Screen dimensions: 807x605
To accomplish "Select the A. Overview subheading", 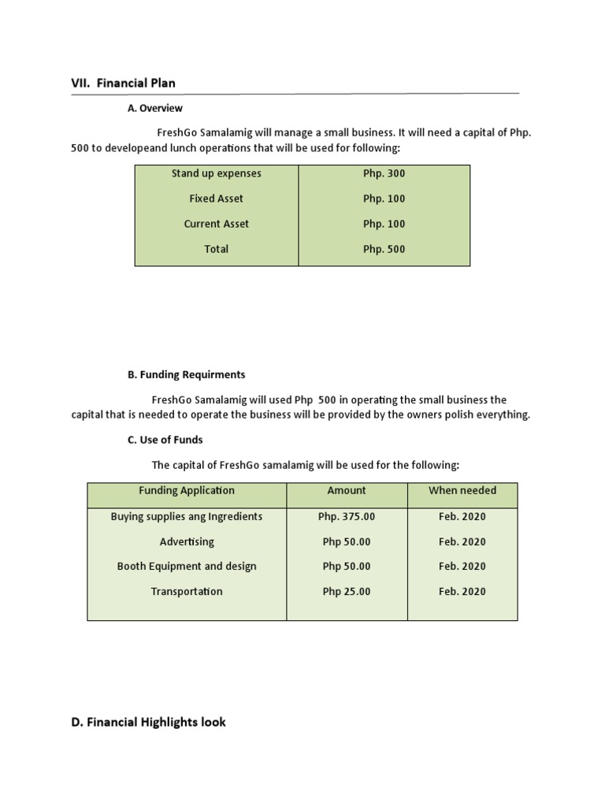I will pos(155,108).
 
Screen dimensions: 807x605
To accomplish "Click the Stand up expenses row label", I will pos(216,173).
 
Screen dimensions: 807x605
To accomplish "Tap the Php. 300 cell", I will pos(384,173).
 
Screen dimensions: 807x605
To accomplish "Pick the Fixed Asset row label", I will pos(216,199).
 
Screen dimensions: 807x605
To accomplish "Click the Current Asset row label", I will pos(216,224).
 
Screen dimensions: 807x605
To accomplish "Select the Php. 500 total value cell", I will pos(384,249).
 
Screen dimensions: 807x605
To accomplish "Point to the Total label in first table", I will pos(216,249).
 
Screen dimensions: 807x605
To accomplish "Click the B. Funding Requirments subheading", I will pos(186,374).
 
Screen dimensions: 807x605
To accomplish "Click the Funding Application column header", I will pos(187,490).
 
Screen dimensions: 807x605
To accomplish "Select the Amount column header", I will pos(347,490).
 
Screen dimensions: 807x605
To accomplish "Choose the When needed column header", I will pos(462,490).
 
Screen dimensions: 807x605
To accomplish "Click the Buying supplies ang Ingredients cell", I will pos(187,516).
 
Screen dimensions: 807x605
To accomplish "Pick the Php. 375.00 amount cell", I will pos(347,516).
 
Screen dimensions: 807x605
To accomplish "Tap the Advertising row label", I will pos(187,541).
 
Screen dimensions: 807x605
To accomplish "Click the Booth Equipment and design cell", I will pos(187,566).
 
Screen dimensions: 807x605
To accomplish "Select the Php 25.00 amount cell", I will pos(347,591).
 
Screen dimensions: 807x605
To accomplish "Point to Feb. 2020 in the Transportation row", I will pos(462,591).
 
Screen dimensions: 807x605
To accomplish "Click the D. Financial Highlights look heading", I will pos(148,721).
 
